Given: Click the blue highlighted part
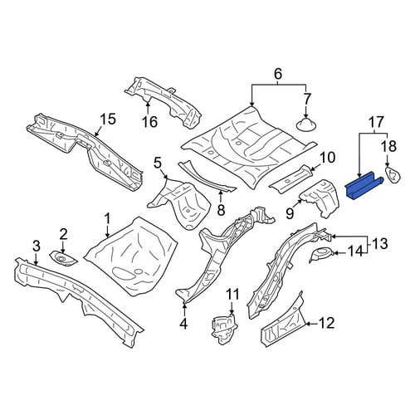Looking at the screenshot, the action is click(364, 186).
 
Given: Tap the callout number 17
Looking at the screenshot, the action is click(376, 122).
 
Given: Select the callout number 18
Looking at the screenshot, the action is click(388, 146).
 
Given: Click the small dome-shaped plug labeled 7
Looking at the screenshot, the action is click(306, 125).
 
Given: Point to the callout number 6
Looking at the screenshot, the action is click(278, 74).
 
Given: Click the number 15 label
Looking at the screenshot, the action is click(107, 120).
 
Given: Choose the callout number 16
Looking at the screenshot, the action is click(149, 122).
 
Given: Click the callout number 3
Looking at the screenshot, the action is click(37, 246).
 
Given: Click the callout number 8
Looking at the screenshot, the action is click(221, 210).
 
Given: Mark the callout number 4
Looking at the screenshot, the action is click(183, 323).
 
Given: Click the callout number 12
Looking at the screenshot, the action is click(327, 323).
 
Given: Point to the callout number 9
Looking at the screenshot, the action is click(290, 213).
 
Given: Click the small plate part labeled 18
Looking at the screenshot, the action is click(393, 174).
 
